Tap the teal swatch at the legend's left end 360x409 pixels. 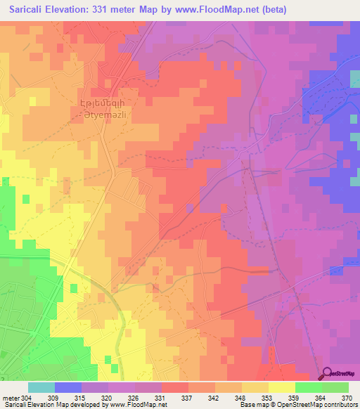pos(41,387)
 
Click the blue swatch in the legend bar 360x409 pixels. pos(68,387)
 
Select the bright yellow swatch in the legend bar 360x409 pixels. pos(281,387)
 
